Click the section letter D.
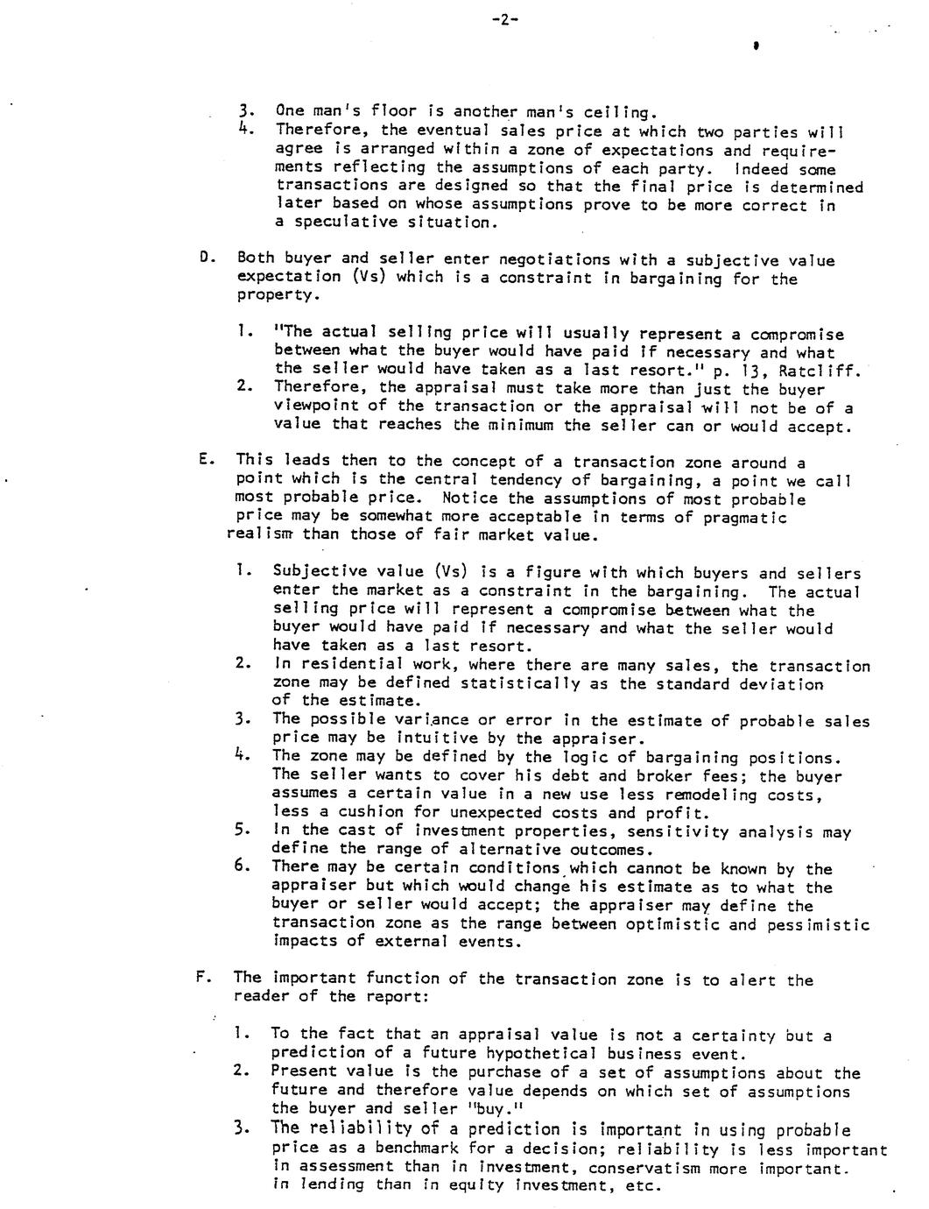click(204, 260)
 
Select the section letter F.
click(201, 979)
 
